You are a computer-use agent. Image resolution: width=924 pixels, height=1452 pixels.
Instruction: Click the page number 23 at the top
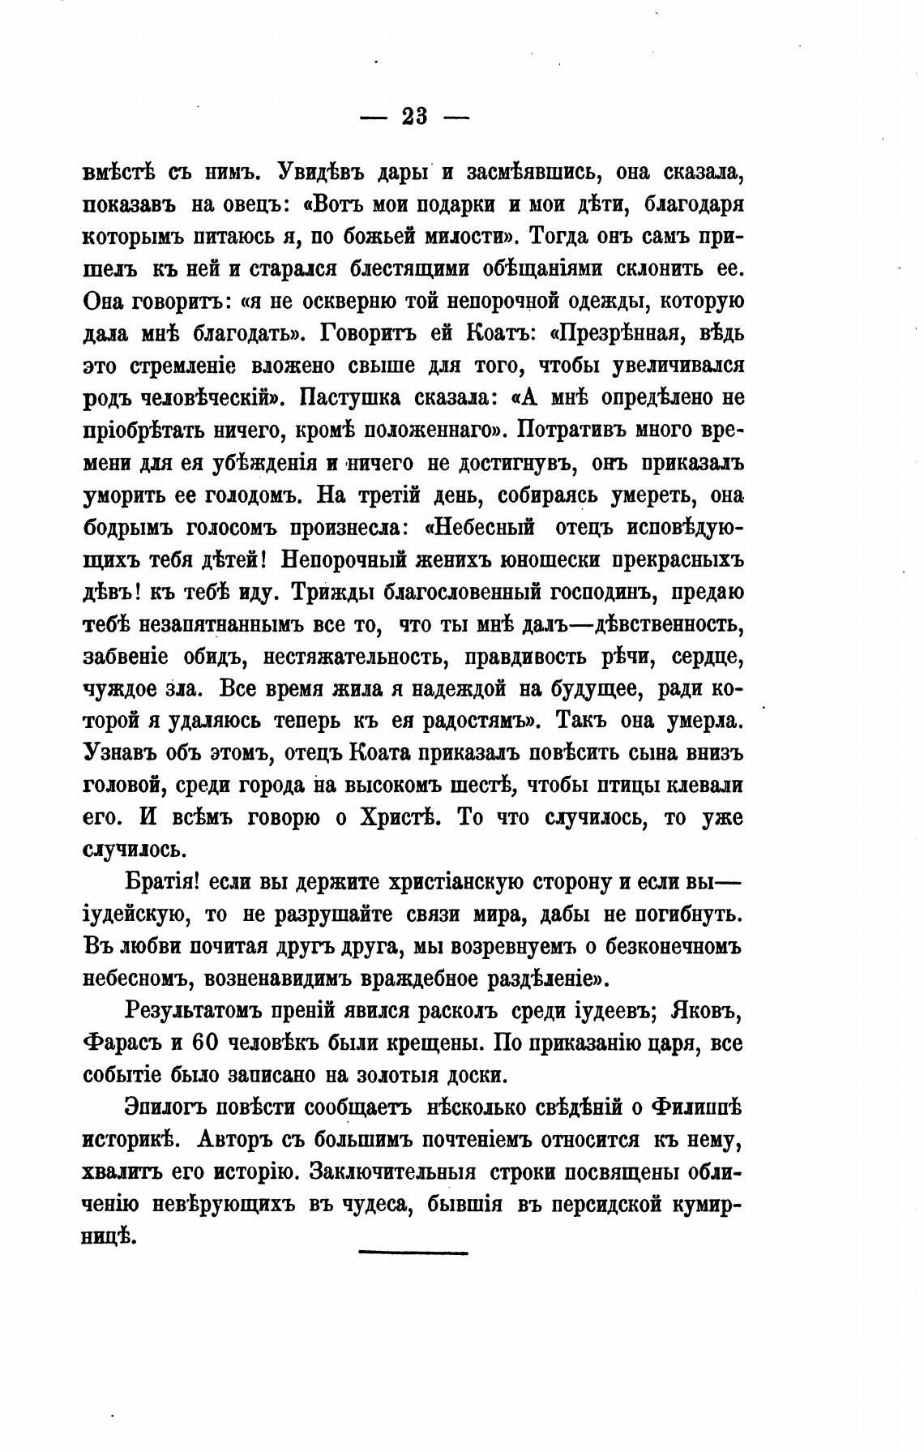[x=414, y=117]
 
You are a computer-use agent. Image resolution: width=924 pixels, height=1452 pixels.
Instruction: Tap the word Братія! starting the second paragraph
[x=163, y=882]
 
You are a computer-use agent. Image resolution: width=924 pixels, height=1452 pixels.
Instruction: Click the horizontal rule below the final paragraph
[x=413, y=1253]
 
